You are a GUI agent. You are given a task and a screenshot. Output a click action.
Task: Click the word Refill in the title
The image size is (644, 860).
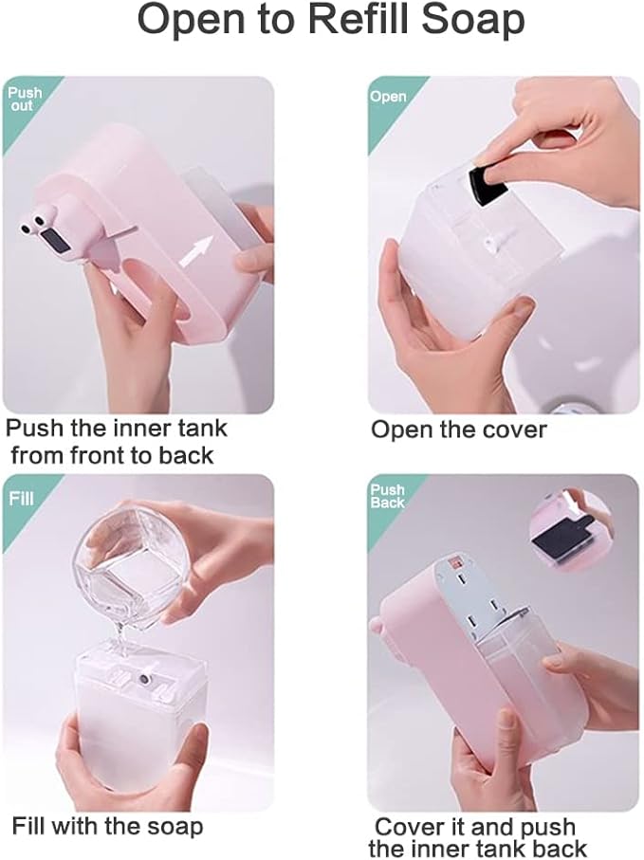pos(359,20)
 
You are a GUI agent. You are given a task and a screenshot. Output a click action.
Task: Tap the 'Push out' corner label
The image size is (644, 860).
pos(24,99)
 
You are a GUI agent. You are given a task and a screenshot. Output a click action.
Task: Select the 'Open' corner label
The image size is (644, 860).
pos(388,97)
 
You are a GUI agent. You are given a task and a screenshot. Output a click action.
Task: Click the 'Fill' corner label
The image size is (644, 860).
pos(21,498)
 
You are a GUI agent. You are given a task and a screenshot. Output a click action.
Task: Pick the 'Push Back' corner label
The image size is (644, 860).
pos(387,496)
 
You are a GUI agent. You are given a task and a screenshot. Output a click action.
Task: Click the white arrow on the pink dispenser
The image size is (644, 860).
pos(194,250)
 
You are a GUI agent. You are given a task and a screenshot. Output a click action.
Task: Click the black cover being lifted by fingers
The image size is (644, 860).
pos(488,185)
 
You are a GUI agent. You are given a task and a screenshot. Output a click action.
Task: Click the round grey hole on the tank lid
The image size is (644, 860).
pos(144,680)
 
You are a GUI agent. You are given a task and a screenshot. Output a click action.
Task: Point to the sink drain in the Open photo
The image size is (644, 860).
pos(570,407)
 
